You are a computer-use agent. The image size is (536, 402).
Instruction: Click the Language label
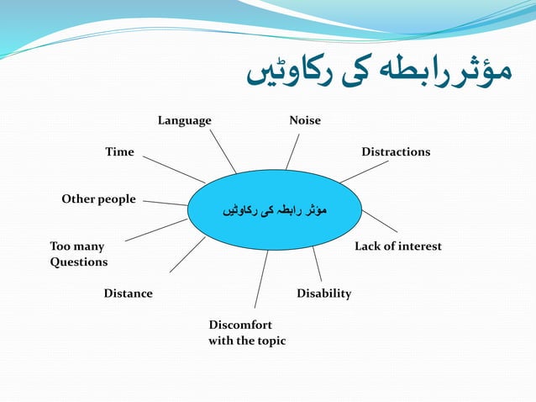tap(185, 120)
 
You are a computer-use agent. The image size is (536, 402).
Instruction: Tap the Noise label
tap(305, 120)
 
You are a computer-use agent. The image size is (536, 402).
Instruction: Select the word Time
tap(119, 151)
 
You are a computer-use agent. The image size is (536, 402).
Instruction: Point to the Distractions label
tap(396, 151)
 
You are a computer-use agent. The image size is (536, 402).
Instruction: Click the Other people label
tap(98, 199)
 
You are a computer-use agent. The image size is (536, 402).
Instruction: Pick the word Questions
tap(79, 262)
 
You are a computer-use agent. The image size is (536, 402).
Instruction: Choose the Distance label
tap(128, 294)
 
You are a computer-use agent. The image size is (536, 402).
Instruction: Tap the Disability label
tap(323, 294)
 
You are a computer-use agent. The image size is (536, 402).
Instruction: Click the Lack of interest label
tap(397, 246)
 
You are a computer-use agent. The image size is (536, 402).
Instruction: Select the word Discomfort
tap(240, 325)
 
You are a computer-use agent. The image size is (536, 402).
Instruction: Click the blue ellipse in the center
tap(274, 209)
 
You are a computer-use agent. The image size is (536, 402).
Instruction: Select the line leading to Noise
tap(292, 152)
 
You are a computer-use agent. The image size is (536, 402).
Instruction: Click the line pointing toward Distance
tap(187, 254)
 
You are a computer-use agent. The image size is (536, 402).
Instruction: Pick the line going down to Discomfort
tap(261, 279)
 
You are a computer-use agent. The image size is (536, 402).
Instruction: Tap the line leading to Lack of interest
tap(380, 220)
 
